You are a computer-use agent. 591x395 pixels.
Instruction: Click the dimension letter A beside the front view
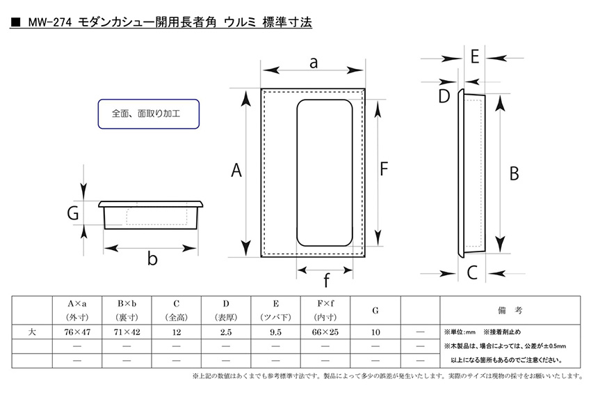click(x=236, y=170)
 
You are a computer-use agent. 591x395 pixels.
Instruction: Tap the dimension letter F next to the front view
click(x=384, y=169)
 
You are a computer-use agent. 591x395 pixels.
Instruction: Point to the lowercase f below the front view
click(x=326, y=280)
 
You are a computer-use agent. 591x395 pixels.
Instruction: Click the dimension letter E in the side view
click(x=474, y=57)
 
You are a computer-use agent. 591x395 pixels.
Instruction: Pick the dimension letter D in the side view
click(x=444, y=96)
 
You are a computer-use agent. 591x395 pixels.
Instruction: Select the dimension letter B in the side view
click(x=514, y=173)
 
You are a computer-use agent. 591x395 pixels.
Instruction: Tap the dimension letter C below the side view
click(x=472, y=272)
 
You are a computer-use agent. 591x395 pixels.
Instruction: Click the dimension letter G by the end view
click(x=73, y=213)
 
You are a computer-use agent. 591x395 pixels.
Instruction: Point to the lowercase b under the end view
click(x=152, y=258)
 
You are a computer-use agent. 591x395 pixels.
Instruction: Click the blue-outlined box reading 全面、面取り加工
click(x=149, y=114)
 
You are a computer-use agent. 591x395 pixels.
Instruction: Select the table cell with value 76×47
click(x=77, y=332)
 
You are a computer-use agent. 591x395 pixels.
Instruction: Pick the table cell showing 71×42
click(x=127, y=332)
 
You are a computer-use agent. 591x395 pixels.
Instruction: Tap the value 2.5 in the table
click(x=226, y=332)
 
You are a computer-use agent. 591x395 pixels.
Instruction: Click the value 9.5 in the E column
click(x=275, y=332)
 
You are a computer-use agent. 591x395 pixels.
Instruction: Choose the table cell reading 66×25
click(x=325, y=332)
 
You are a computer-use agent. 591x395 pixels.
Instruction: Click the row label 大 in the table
click(x=32, y=332)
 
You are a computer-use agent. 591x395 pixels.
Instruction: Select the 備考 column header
click(x=510, y=311)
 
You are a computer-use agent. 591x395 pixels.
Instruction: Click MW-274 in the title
click(x=50, y=23)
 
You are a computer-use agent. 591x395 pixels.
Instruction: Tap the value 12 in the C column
click(x=177, y=332)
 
